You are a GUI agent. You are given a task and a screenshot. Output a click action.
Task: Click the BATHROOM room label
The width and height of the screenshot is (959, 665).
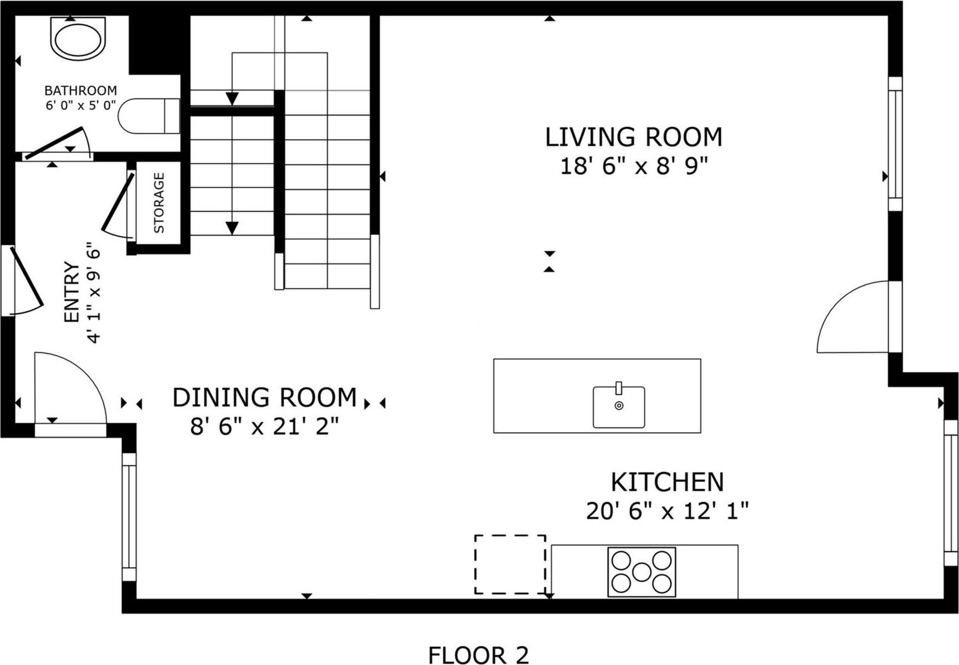(81, 91)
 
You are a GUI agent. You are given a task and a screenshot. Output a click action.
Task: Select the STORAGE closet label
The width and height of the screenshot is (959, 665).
(159, 203)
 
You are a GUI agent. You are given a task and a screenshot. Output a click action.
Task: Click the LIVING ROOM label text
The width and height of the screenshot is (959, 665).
(633, 137)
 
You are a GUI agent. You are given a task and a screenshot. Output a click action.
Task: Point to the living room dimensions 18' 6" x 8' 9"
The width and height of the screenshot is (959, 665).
(633, 167)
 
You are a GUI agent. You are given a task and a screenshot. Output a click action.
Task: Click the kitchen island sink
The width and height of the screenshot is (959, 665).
(618, 406)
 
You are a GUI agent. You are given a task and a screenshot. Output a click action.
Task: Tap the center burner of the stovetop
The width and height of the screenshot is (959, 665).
(641, 571)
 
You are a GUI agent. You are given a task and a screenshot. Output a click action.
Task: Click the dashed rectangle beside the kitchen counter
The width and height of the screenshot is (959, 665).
(510, 564)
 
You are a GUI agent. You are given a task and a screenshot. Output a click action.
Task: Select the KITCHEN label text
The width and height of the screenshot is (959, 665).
(667, 482)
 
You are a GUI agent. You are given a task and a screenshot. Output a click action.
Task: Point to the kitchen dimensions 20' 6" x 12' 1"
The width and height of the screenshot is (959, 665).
(667, 512)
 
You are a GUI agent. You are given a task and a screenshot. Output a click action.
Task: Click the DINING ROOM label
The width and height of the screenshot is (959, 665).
(265, 398)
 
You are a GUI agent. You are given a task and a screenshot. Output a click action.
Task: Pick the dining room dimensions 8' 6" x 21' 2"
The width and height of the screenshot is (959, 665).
(265, 427)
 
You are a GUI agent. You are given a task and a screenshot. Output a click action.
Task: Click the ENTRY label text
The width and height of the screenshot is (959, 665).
(72, 292)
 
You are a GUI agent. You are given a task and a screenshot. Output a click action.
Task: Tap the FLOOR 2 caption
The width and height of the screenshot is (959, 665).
(478, 655)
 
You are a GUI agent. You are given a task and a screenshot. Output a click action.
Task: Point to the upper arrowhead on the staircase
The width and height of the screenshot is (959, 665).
(232, 98)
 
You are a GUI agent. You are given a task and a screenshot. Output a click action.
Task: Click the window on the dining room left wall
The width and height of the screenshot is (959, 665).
(129, 516)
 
